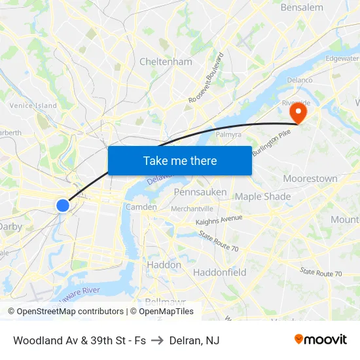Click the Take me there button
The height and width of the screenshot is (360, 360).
tap(180, 160)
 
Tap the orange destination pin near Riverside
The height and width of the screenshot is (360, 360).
tap(298, 112)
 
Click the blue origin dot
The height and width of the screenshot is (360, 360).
tap(63, 206)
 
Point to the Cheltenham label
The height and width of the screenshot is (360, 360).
tap(166, 62)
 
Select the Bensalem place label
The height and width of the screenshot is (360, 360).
tap(302, 8)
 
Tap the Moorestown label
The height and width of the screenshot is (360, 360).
tap(310, 179)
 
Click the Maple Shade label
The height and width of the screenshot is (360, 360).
tap(262, 196)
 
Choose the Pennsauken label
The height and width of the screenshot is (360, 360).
tap(200, 192)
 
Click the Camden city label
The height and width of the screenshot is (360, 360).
tap(141, 207)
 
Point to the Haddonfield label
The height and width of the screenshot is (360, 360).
tap(220, 272)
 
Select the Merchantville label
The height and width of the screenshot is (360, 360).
tap(192, 209)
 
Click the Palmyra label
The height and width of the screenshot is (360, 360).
tap(229, 134)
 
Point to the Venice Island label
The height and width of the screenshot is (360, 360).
tap(33, 105)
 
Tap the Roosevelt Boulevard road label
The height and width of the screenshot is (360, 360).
tap(206, 77)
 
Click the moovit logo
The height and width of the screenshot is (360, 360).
tap(321, 339)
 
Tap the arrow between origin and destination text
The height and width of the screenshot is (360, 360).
tap(158, 340)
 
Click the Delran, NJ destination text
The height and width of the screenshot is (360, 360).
tap(194, 340)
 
